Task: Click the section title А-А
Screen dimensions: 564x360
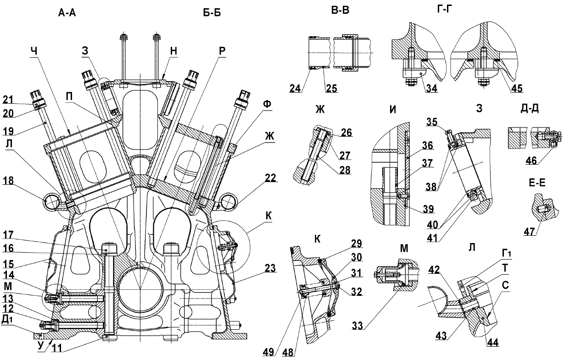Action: (x=67, y=12)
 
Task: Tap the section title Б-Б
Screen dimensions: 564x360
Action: (x=212, y=12)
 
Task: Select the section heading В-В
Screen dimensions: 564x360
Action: (x=340, y=11)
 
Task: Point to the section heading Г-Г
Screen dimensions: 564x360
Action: (x=444, y=9)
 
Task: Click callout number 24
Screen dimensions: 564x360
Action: (x=296, y=89)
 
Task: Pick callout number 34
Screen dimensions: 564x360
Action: (x=431, y=89)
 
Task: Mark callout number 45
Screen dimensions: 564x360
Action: (x=517, y=89)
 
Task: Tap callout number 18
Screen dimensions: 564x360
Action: (x=8, y=181)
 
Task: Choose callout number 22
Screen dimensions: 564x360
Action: (x=270, y=178)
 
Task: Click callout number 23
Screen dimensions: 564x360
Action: (x=270, y=268)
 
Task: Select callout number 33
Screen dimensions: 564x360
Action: (x=357, y=326)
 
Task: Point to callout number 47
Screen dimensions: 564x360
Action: (x=529, y=231)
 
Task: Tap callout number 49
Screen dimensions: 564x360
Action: (x=268, y=352)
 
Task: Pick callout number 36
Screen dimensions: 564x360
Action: (x=428, y=145)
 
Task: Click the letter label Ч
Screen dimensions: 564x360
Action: (x=34, y=51)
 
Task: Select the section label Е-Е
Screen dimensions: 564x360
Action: (x=537, y=183)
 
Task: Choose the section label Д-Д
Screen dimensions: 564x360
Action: (x=529, y=108)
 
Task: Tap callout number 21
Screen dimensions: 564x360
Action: (x=8, y=100)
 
